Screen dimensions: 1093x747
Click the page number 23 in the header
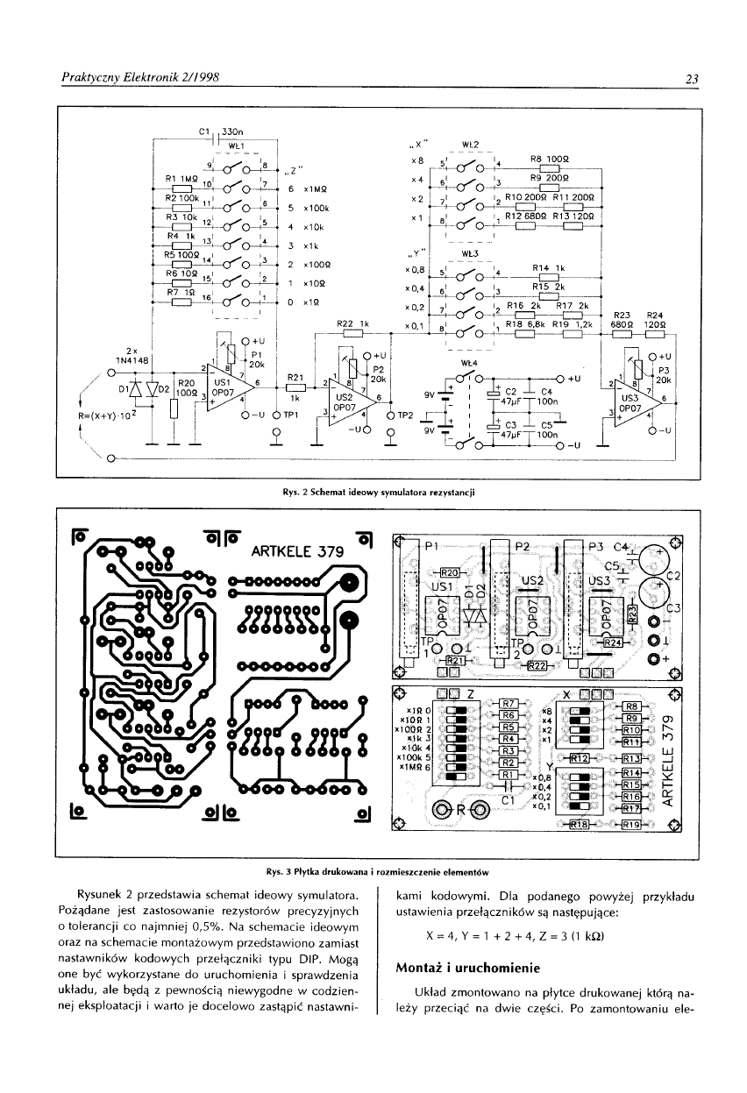pyautogui.click(x=690, y=80)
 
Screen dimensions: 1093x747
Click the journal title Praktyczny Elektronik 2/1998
pyautogui.click(x=139, y=78)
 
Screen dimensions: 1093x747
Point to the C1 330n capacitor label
pyautogui.click(x=220, y=131)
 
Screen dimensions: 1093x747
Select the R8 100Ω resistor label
pyautogui.click(x=550, y=158)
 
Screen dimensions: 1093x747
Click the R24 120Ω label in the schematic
pyautogui.click(x=654, y=320)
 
